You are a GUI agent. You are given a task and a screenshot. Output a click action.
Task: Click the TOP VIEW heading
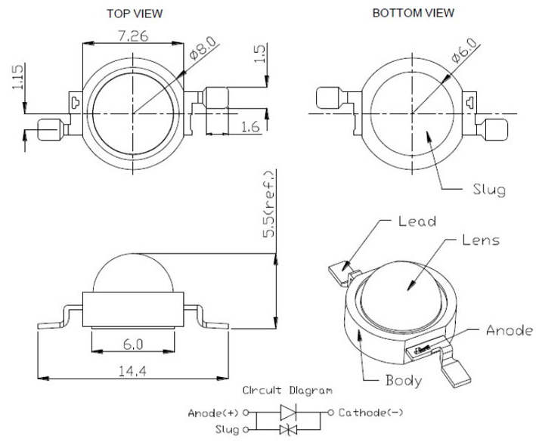(x=135, y=14)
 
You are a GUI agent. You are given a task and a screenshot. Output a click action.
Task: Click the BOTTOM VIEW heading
(x=414, y=13)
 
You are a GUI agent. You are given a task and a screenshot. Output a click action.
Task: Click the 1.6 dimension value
(x=249, y=128)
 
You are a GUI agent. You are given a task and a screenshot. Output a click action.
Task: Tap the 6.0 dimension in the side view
(x=133, y=344)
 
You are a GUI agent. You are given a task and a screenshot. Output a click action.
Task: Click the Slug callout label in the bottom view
(x=488, y=189)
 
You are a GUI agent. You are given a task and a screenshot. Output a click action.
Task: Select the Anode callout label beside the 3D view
(x=509, y=330)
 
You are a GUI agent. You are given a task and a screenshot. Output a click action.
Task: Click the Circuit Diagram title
(x=287, y=391)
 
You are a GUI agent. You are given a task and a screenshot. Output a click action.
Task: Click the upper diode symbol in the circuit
(x=290, y=413)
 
